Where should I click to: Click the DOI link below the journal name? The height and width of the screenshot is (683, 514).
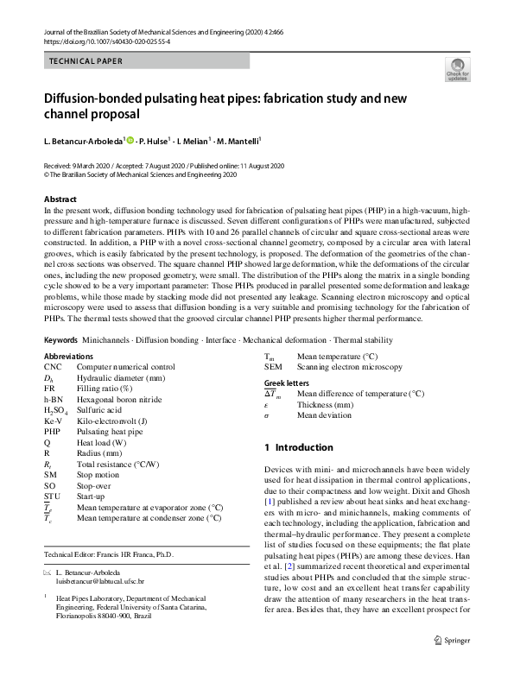pyautogui.click(x=105, y=41)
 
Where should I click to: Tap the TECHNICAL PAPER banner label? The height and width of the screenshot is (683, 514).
pyautogui.click(x=86, y=62)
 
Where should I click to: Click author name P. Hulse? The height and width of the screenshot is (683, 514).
pyautogui.click(x=155, y=141)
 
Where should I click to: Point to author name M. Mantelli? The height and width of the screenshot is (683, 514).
pyautogui.click(x=235, y=141)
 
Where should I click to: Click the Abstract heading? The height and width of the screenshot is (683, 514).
pyautogui.click(x=60, y=199)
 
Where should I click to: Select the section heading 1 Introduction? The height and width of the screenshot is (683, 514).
pyautogui.click(x=298, y=447)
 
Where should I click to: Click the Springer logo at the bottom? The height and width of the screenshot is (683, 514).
pyautogui.click(x=457, y=663)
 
